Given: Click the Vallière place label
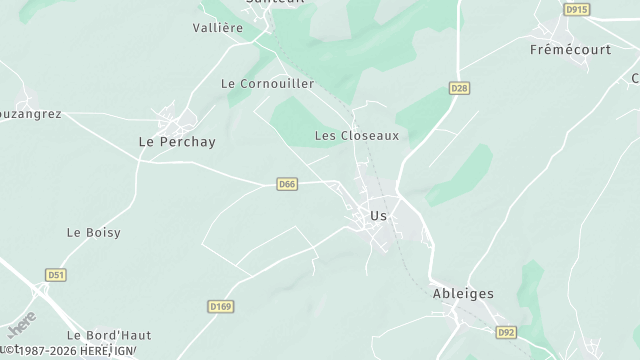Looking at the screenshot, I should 218,28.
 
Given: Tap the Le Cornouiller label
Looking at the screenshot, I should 267,84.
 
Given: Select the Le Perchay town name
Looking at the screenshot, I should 176,142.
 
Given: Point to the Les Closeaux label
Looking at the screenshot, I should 357,135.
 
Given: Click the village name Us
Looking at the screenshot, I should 378,215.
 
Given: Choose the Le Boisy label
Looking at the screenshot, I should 93,232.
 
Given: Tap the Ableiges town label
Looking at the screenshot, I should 463,293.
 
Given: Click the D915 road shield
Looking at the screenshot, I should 576,9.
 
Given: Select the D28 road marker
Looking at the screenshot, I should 459,89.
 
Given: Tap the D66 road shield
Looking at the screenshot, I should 287,184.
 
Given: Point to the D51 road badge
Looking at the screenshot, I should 56,274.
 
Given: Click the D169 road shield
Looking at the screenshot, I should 220,306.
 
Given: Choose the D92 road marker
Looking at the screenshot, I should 507,332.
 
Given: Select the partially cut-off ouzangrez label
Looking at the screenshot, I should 30,114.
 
